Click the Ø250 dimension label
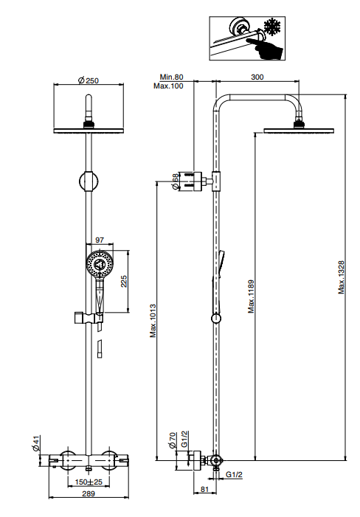tap(89, 80)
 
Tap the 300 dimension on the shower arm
tap(257, 77)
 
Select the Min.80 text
tap(171, 77)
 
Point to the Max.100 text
tap(168, 86)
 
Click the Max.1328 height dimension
tap(342, 277)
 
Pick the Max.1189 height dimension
tap(252, 296)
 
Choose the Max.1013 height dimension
tap(153, 321)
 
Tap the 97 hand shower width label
tap(100, 240)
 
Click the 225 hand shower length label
tap(124, 281)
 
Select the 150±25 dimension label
tap(89, 482)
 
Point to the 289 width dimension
tap(89, 493)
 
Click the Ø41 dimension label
tap(36, 443)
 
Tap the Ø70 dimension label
tap(173, 440)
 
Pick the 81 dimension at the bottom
tap(205, 489)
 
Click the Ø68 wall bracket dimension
tap(176, 181)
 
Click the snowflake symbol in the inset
tap(272, 27)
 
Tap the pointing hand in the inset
tap(264, 49)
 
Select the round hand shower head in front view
tap(100, 264)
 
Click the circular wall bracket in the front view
tap(89, 181)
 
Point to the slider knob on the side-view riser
tap(216, 319)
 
